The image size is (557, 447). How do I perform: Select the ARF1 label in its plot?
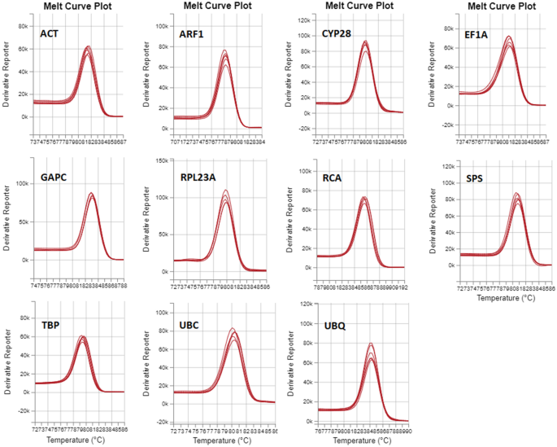[x=192, y=34]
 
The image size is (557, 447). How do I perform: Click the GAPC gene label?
[x=53, y=177]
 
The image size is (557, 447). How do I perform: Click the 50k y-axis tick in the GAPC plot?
[x=24, y=221]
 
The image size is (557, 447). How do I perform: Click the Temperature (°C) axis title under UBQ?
[x=359, y=440]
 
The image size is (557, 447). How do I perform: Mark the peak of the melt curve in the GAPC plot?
[x=91, y=193]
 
